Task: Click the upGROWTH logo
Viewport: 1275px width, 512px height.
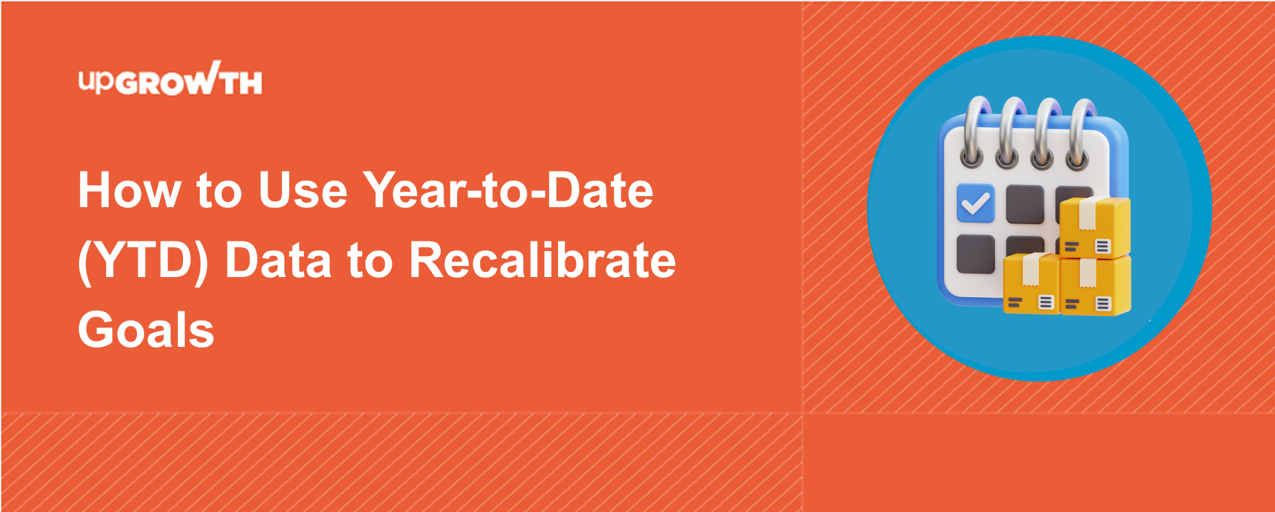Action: [x=170, y=79]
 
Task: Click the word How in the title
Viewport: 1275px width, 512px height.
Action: [x=129, y=190]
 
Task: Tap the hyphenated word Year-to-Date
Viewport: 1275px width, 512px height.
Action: [x=508, y=190]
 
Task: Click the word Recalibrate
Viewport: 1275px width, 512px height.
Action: [x=542, y=260]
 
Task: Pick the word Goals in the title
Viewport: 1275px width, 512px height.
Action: [x=146, y=330]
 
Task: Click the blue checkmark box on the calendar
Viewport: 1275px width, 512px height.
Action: [x=976, y=203]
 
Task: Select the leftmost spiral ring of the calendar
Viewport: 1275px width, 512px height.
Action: [x=972, y=133]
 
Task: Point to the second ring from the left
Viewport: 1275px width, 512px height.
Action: [x=1007, y=133]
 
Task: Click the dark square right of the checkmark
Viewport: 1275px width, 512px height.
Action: [x=1025, y=205]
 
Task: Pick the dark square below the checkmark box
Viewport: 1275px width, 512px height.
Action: [x=976, y=254]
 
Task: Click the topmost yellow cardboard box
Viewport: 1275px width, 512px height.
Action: [x=1095, y=227]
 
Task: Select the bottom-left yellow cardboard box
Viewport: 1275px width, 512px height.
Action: [x=1032, y=284]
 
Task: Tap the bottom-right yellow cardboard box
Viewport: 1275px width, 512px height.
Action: [x=1096, y=285]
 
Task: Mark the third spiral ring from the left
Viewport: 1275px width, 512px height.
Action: [x=1043, y=133]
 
